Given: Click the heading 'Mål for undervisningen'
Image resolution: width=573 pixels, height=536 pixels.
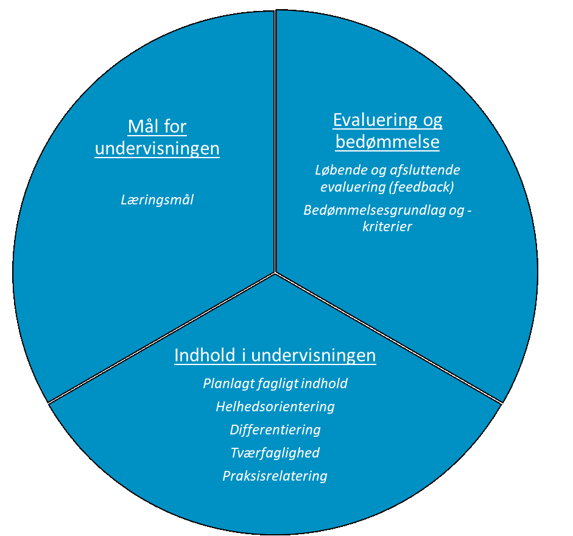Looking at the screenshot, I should tap(157, 138).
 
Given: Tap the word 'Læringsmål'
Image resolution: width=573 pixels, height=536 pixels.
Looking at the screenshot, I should tap(157, 200).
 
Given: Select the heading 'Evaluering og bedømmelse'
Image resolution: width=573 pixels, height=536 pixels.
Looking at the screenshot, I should tap(387, 131).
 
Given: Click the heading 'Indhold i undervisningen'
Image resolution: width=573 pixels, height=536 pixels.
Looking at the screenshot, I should tap(275, 355).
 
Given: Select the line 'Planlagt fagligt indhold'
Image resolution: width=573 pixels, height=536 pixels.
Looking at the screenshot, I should tap(275, 384).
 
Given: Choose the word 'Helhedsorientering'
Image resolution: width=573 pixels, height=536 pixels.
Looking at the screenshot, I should tap(275, 406).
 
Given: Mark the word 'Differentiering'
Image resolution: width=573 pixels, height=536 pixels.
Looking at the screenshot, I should tap(275, 430).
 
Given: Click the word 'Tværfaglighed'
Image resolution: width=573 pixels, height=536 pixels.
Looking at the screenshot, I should tap(275, 453).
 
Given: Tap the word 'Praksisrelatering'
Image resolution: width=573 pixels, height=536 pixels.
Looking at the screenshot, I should tap(275, 476).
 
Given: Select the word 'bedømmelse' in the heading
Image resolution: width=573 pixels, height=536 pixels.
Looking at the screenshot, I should tap(387, 143).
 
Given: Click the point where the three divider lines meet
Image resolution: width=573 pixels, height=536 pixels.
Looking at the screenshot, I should tap(275, 273).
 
